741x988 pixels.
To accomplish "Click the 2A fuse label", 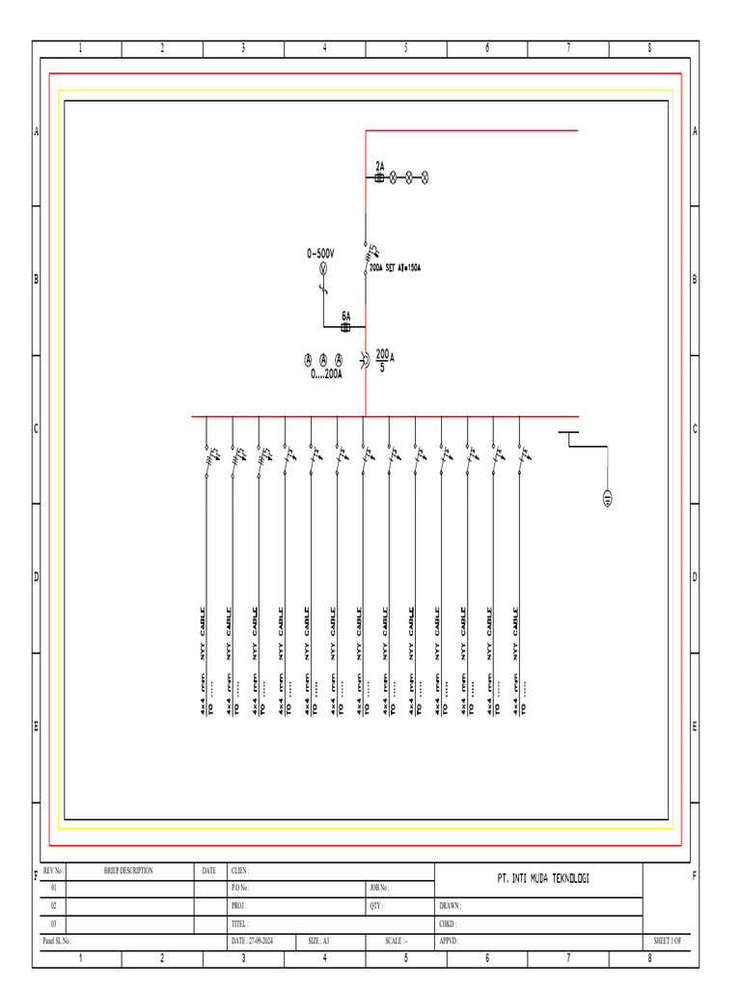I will (380, 166).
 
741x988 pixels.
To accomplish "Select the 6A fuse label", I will (346, 316).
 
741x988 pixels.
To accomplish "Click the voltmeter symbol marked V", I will (324, 269).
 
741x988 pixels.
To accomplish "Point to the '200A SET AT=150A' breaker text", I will (396, 269).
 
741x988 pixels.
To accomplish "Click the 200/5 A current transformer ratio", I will (384, 360).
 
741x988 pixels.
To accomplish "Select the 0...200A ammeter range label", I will (326, 374).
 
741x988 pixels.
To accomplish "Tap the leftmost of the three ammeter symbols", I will (309, 360).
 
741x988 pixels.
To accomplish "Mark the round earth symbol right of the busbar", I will (608, 498).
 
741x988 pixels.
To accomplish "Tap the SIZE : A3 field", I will (319, 941).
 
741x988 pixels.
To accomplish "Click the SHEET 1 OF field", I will (668, 941).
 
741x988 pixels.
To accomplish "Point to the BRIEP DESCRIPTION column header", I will (128, 870).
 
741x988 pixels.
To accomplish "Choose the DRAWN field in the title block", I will (451, 906).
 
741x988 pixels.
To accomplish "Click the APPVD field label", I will (451, 941).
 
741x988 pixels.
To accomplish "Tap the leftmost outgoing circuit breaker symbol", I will (208, 454).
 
